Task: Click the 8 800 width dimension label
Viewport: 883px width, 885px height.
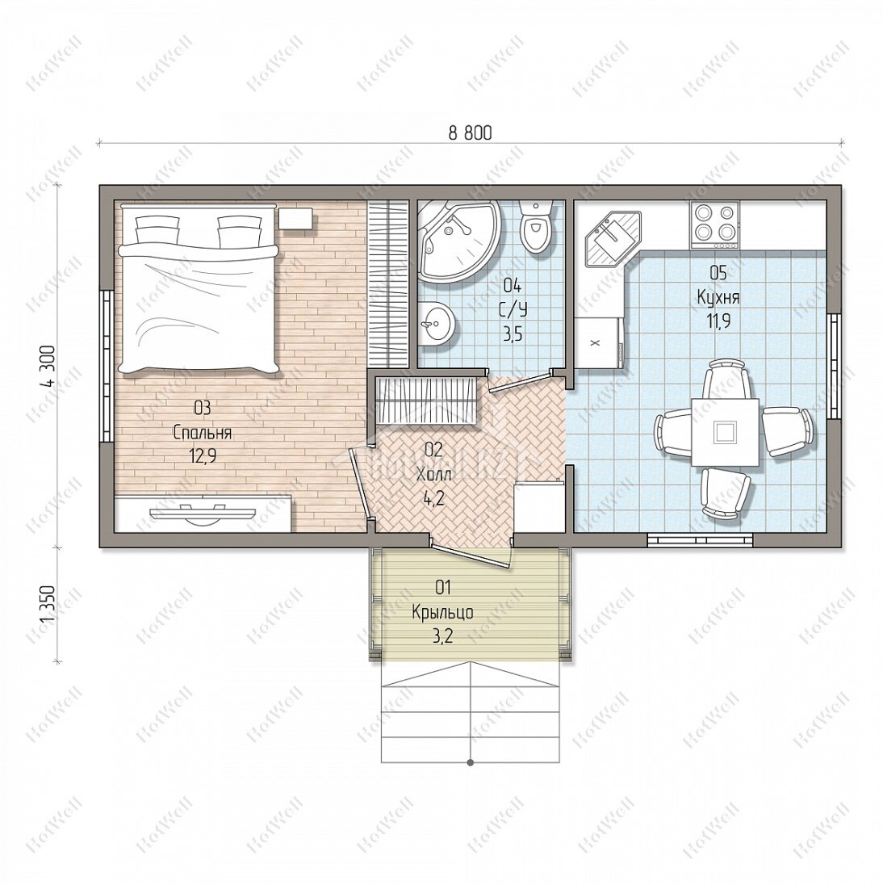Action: coord(470,132)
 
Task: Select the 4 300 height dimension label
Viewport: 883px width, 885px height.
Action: coord(49,365)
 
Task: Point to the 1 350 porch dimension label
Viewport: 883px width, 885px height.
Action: coord(49,604)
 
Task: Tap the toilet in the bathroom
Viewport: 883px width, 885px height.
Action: coord(534,225)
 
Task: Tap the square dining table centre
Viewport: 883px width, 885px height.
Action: coord(725,432)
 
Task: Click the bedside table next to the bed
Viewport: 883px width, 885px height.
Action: coord(295,218)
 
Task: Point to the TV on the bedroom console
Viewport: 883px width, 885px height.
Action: coord(203,514)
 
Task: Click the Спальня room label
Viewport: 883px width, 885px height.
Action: coord(203,433)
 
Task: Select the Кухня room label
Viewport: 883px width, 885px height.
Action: coord(718,297)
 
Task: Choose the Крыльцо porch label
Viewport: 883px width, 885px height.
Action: coord(443,612)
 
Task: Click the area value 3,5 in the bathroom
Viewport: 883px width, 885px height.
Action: coord(513,334)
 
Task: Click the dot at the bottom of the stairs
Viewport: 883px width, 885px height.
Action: coord(471,763)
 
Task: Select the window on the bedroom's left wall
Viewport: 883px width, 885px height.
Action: coord(105,366)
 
